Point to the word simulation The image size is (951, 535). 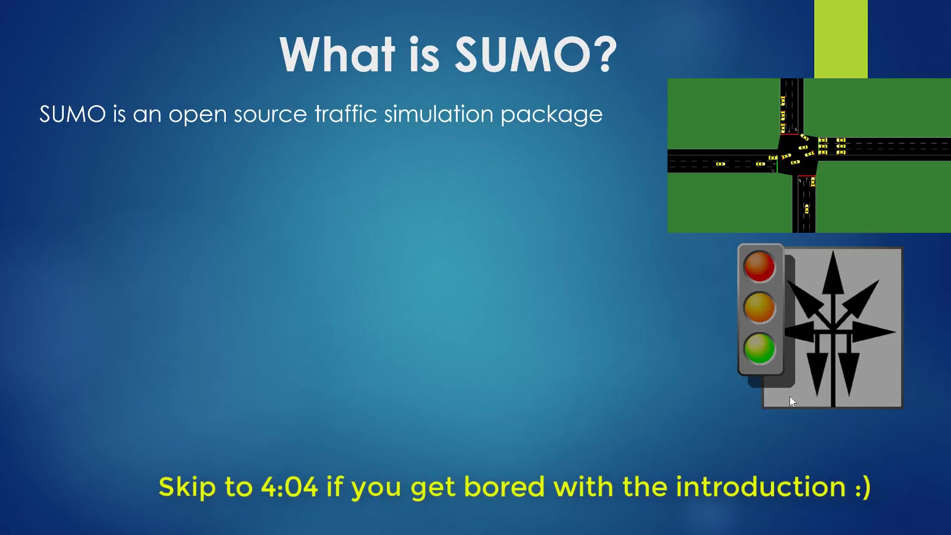(438, 114)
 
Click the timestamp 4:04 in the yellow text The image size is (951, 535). (289, 486)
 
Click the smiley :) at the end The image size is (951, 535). (862, 487)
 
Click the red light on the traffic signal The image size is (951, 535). (759, 267)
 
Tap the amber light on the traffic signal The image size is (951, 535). (759, 307)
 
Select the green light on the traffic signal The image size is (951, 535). (759, 348)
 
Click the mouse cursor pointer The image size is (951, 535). (792, 401)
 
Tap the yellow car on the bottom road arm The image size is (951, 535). (806, 209)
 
